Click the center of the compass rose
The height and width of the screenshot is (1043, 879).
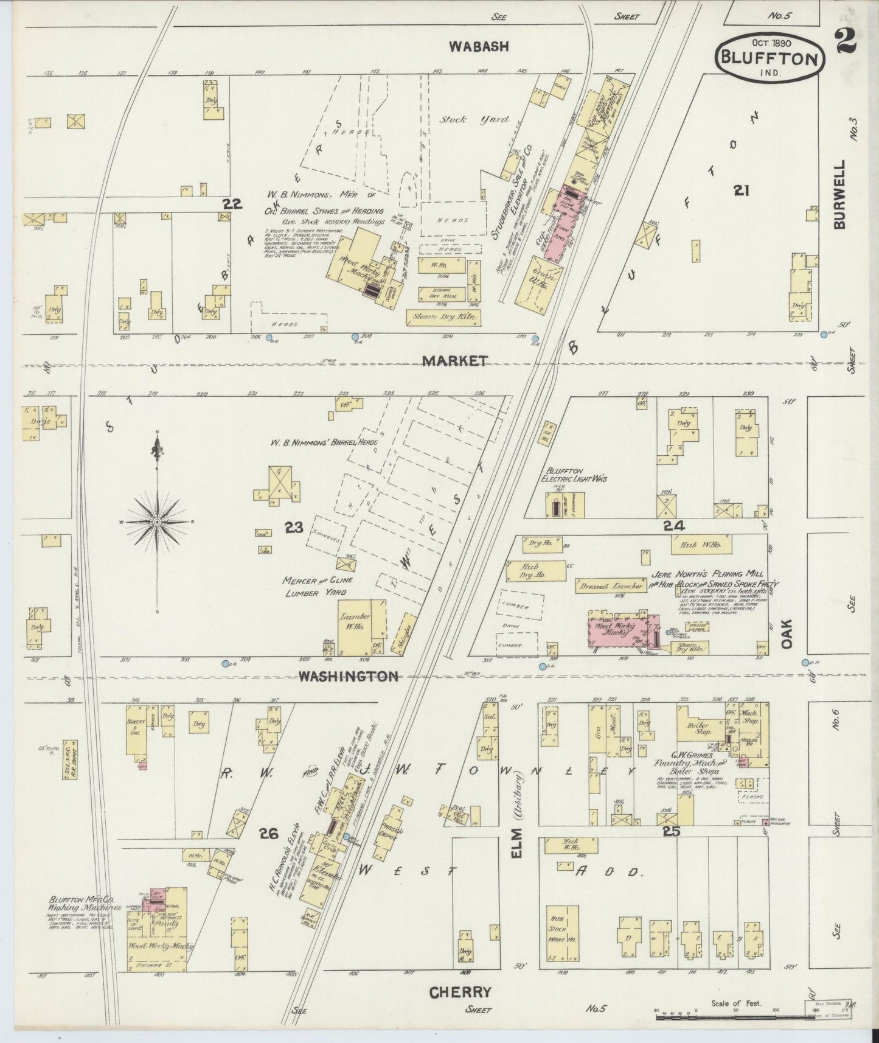[x=158, y=522]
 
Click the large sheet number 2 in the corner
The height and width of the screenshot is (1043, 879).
[x=846, y=42]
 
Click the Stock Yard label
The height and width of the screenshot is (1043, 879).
[x=474, y=120]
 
